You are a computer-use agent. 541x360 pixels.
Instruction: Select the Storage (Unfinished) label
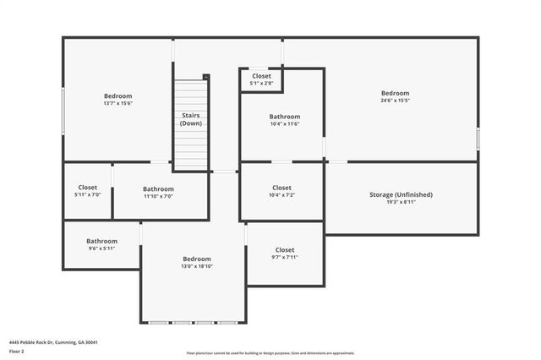[401, 194]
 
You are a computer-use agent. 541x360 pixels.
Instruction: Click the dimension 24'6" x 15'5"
[395, 101]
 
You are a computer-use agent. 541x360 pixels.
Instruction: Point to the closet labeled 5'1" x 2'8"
[261, 79]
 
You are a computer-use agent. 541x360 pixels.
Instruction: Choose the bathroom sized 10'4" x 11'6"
[284, 120]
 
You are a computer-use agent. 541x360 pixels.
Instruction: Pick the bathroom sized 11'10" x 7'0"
[158, 193]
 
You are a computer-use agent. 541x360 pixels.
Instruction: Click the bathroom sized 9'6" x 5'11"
[101, 244]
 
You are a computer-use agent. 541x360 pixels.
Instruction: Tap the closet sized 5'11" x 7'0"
[88, 191]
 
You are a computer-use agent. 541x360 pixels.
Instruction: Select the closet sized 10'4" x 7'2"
[281, 191]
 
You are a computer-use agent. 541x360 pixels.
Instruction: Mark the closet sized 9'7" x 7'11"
[285, 254]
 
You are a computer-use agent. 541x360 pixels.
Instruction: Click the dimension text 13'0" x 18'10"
[197, 266]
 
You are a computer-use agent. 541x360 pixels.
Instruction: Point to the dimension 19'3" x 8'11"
[401, 202]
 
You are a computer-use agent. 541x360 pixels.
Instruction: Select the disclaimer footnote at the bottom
[270, 353]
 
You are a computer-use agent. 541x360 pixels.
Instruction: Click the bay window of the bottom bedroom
[193, 323]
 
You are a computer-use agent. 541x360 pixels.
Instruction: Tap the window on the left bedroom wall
[63, 109]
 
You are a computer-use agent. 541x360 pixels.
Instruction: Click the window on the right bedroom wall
[478, 139]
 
